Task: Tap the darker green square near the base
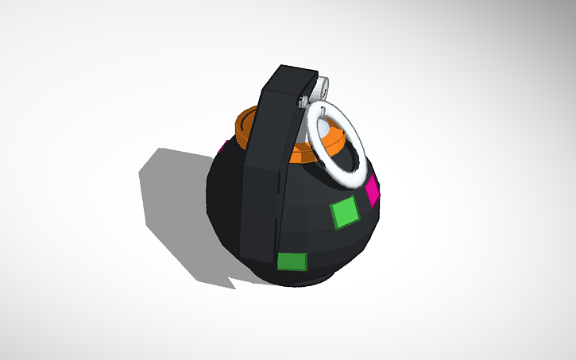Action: pyautogui.click(x=292, y=261)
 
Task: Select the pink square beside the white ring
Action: pyautogui.click(x=372, y=190)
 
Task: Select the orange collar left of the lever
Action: pyautogui.click(x=245, y=125)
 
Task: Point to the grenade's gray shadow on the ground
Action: pyautogui.click(x=171, y=207)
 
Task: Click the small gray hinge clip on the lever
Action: pyautogui.click(x=303, y=99)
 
